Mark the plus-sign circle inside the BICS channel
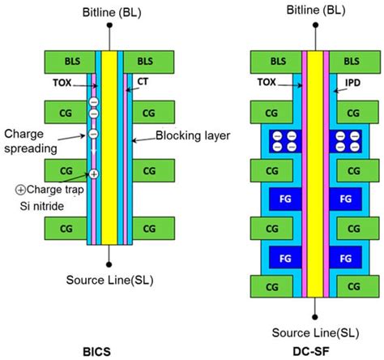[94, 174]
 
